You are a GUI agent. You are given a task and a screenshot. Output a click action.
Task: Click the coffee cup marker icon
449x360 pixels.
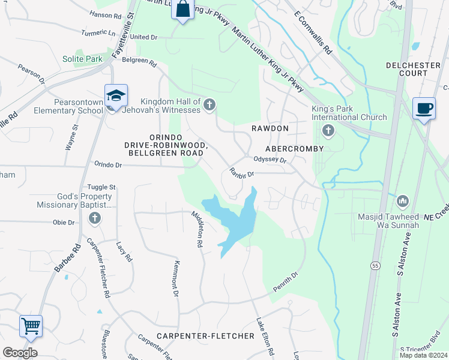pyautogui.click(x=424, y=108)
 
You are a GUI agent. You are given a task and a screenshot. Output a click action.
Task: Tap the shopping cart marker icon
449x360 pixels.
pyautogui.click(x=31, y=326)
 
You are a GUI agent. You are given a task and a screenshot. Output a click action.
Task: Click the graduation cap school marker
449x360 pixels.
pyautogui.click(x=116, y=95)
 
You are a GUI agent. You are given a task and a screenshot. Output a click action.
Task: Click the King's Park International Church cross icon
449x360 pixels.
pyautogui.click(x=328, y=130)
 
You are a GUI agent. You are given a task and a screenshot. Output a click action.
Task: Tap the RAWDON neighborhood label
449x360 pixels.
pyautogui.click(x=270, y=129)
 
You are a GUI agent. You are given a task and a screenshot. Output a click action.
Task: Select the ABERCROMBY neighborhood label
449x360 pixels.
pyautogui.click(x=294, y=149)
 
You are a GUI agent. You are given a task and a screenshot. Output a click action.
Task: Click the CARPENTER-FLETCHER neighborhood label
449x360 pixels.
pyautogui.click(x=206, y=336)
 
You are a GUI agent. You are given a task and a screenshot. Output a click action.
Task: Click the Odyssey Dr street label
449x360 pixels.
pyautogui.click(x=270, y=160)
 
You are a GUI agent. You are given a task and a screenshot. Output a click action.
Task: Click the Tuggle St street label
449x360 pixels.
pyautogui.click(x=101, y=188)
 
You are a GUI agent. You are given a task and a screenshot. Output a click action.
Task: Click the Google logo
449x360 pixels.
pyautogui.click(x=20, y=352)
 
